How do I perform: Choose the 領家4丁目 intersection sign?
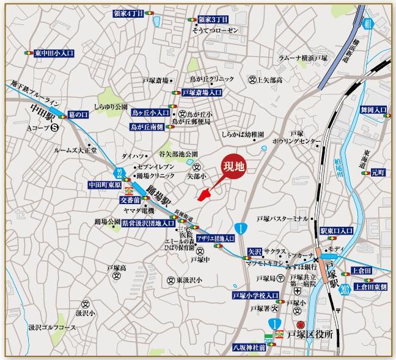tap(129, 13)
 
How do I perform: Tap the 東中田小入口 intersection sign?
tap(54, 53)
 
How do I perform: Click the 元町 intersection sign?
tap(378, 173)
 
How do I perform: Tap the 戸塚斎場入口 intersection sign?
tap(202, 93)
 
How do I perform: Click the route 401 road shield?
tap(366, 24)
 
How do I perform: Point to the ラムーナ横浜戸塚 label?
tap(302, 57)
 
